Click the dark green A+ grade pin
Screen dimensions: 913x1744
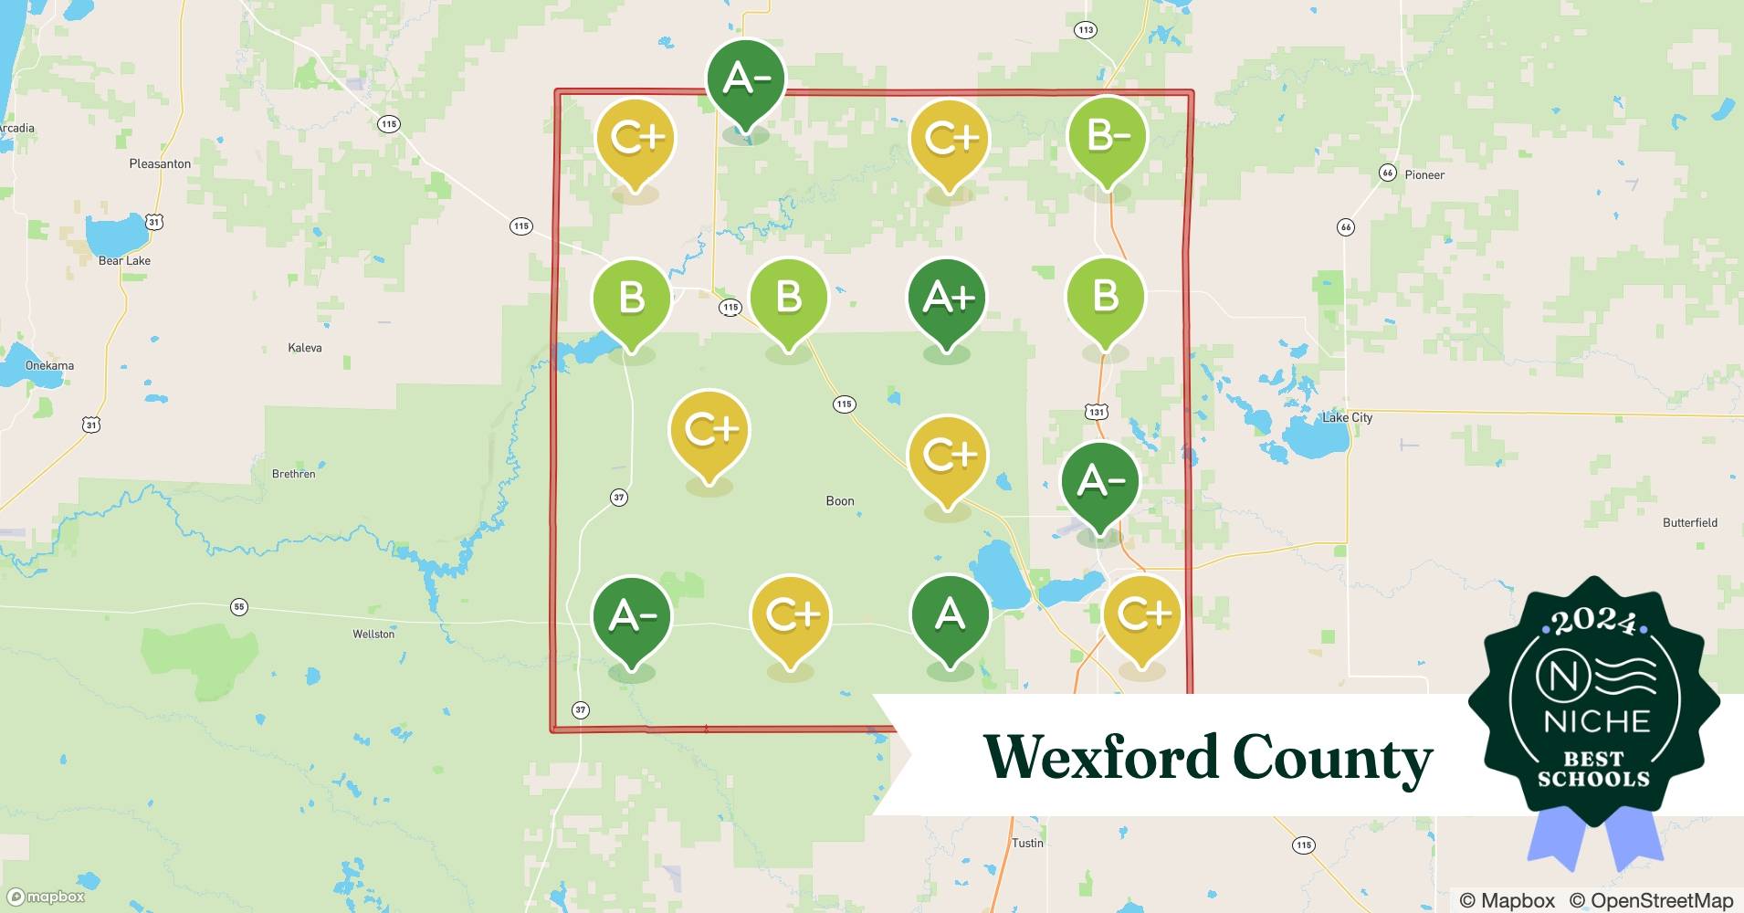947,299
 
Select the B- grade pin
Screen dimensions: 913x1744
1107,137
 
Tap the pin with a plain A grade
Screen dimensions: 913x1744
950,614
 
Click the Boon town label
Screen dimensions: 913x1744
840,500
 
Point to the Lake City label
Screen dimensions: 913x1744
1347,417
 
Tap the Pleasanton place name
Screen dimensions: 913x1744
160,163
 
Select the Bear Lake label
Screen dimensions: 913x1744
124,260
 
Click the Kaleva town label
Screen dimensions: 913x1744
304,348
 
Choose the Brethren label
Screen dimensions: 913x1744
294,474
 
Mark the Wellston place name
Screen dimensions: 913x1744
373,634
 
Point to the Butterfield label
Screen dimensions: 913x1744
1689,522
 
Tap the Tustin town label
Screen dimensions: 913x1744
1027,843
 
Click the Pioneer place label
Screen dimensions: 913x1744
1424,174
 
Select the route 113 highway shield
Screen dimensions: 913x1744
1085,30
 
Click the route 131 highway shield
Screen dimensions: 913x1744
1097,412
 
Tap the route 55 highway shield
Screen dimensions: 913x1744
239,606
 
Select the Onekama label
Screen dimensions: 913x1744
49,365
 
